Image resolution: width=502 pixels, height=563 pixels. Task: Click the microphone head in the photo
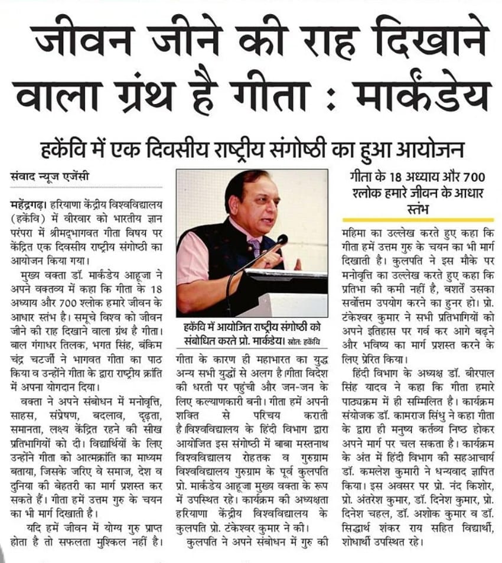click(282, 240)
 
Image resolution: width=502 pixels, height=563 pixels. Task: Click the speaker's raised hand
click(271, 258)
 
